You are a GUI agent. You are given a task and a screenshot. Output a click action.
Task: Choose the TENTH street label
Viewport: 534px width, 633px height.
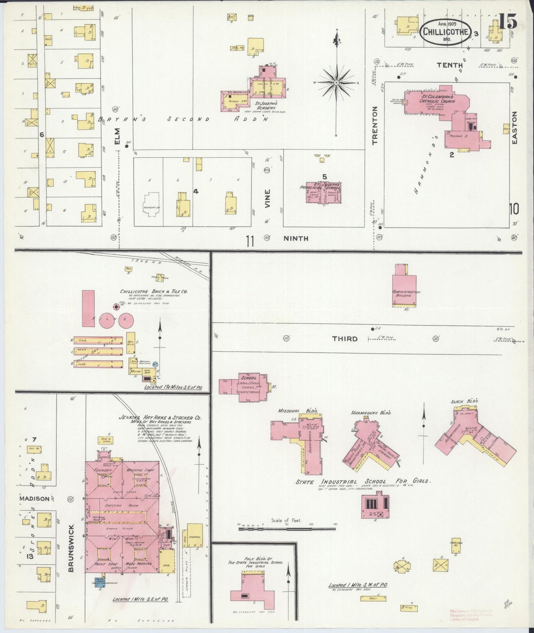click(x=450, y=65)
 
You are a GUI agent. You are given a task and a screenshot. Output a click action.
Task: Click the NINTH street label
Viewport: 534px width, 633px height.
click(x=296, y=239)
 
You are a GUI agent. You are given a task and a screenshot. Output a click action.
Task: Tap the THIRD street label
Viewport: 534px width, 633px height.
click(x=344, y=339)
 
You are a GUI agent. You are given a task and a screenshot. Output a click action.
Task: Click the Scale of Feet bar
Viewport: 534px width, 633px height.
click(x=287, y=529)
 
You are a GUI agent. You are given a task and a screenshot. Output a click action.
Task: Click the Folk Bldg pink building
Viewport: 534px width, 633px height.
click(x=253, y=592)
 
